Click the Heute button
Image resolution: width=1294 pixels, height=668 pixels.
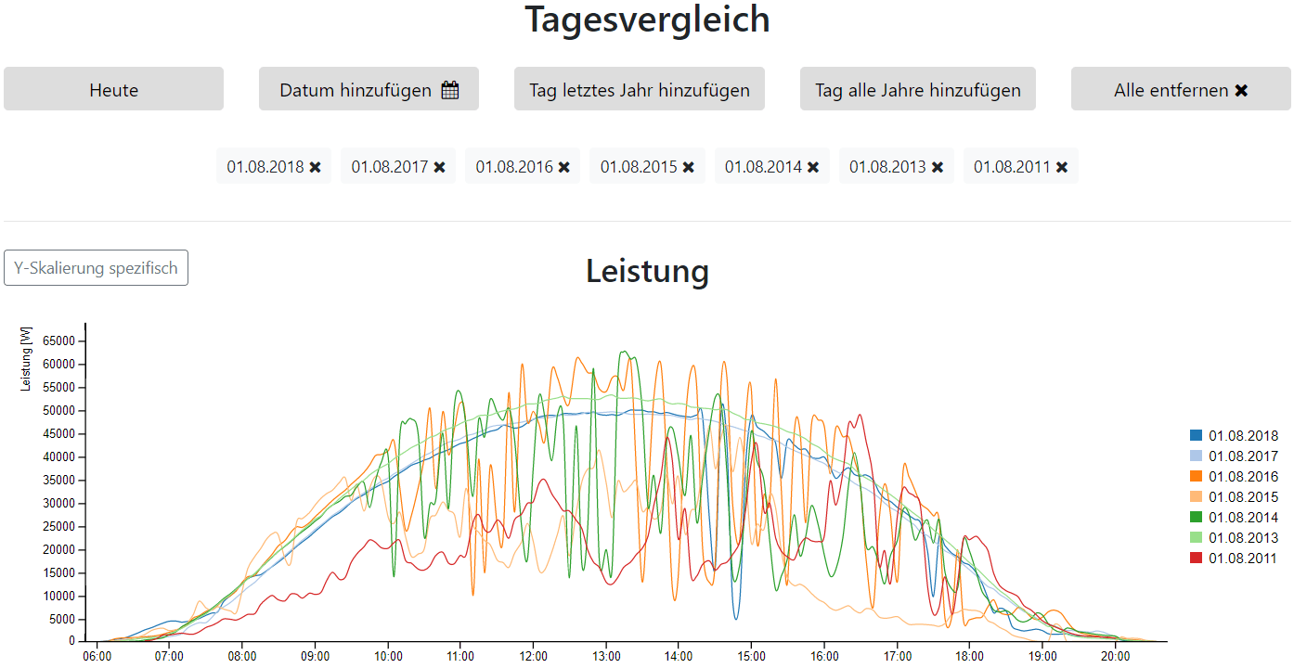[x=113, y=90]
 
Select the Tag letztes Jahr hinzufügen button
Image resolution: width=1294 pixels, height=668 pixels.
[x=640, y=90]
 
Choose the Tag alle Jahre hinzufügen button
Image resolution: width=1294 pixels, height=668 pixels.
[x=918, y=90]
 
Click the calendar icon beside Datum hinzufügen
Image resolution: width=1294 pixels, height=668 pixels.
[x=450, y=90]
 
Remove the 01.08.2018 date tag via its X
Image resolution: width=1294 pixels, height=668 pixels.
[x=316, y=167]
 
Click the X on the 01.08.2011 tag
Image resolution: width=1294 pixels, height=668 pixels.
[x=1062, y=167]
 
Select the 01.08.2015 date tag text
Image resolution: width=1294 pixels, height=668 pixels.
[x=639, y=167]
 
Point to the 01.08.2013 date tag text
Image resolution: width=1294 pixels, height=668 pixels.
[x=887, y=167]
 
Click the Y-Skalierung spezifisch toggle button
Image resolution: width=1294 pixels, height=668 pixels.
[x=96, y=268]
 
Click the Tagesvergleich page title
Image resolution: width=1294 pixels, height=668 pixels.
[x=647, y=19]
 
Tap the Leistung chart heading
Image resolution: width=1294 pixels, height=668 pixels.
[x=647, y=271]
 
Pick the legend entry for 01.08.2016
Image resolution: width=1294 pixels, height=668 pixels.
[x=1243, y=477]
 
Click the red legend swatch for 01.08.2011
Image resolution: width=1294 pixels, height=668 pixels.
[x=1197, y=559]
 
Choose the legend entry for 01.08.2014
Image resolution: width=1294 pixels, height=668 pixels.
[x=1243, y=518]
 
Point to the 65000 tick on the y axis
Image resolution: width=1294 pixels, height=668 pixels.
[x=59, y=341]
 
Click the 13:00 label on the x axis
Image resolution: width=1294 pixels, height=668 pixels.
[x=605, y=657]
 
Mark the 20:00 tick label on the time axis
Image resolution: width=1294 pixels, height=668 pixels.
[x=1115, y=657]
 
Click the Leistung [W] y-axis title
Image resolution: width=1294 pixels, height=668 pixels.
[x=26, y=359]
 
